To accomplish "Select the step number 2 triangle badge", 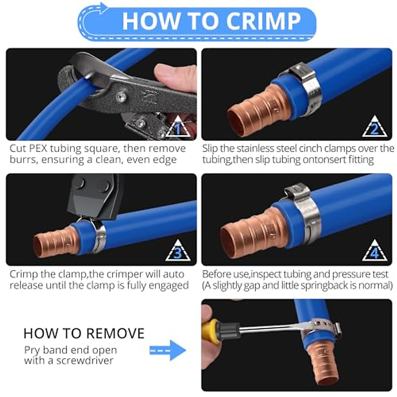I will [374, 127].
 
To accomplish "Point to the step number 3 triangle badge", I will [178, 252].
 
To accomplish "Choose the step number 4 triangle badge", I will [374, 252].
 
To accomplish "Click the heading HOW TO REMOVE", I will [84, 333].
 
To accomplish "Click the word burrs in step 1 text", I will [23, 160].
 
